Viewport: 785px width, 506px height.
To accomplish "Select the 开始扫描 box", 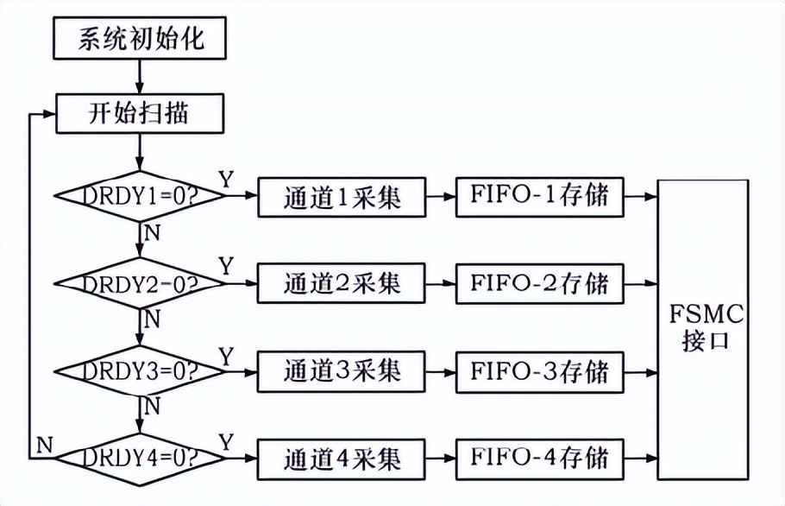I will tap(141, 113).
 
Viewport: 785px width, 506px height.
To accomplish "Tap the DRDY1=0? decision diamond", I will tap(141, 196).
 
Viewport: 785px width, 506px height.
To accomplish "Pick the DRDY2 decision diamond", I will tap(141, 282).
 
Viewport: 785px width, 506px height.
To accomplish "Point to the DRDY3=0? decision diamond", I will tap(141, 370).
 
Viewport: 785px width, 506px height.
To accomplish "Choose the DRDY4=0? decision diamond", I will tap(141, 455).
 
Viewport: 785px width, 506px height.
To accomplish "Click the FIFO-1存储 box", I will tap(539, 198).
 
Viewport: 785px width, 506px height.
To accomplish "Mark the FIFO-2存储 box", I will tap(539, 282).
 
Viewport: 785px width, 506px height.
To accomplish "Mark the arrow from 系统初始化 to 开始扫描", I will tap(141, 75).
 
